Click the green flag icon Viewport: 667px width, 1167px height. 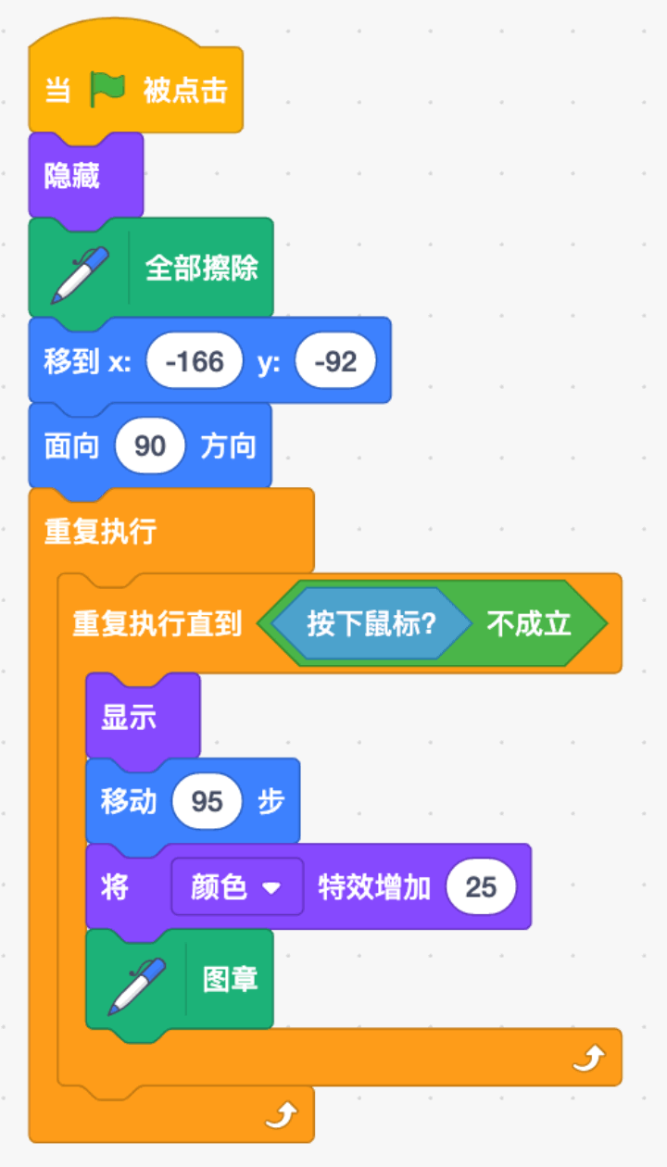tap(107, 89)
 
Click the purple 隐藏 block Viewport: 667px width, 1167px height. tap(86, 176)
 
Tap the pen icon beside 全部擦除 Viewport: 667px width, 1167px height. tap(80, 275)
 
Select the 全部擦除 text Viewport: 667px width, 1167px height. tap(201, 269)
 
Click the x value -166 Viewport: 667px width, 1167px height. tap(195, 360)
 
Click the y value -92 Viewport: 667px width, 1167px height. tap(335, 360)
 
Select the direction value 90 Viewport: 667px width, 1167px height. tap(150, 446)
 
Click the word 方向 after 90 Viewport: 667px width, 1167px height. tap(228, 446)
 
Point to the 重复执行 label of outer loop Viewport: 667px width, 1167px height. tap(100, 532)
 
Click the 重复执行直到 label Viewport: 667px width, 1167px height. tap(157, 623)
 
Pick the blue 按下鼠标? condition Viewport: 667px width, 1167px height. tap(371, 623)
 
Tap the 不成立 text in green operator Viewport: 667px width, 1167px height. tap(529, 623)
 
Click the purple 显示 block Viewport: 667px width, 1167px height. tap(144, 716)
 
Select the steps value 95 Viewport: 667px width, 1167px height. tap(207, 801)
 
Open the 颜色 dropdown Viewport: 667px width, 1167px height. tap(237, 886)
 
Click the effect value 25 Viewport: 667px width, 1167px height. tap(481, 886)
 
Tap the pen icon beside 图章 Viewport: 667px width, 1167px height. tap(137, 986)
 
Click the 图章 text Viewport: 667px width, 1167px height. tap(230, 980)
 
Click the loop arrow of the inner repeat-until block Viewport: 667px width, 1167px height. tap(589, 1058)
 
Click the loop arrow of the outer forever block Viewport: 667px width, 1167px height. tap(282, 1115)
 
